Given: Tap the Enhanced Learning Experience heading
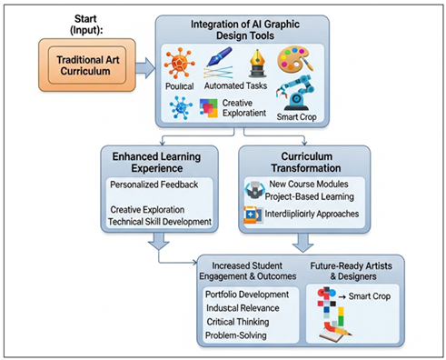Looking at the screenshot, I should pyautogui.click(x=158, y=161).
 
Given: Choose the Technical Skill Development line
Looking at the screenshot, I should pyautogui.click(x=160, y=222).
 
